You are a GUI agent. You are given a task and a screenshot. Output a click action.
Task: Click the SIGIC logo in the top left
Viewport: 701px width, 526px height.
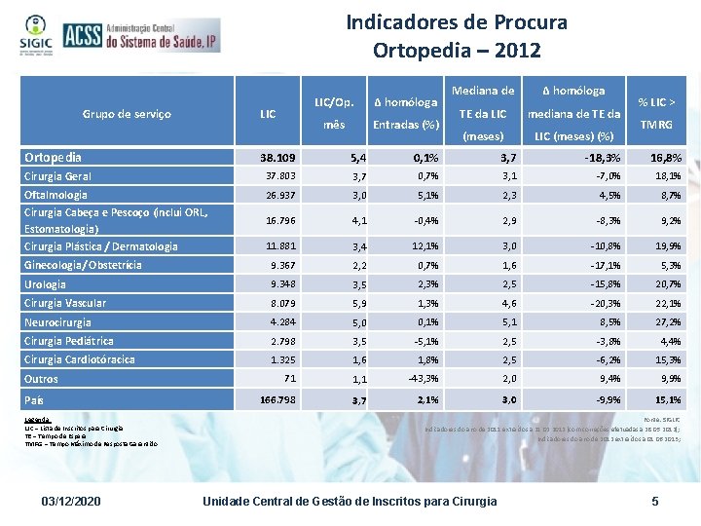click(30, 36)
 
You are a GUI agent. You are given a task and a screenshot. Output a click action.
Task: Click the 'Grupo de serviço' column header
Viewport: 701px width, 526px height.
click(127, 114)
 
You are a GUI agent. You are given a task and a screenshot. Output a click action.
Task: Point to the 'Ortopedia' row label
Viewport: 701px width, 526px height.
click(53, 157)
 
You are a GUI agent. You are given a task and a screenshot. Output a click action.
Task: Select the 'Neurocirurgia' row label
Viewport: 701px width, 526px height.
click(57, 321)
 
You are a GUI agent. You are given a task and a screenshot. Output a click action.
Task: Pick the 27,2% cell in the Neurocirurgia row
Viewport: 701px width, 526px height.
click(668, 321)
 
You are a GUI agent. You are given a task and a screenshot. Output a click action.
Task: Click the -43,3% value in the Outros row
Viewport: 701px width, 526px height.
click(423, 378)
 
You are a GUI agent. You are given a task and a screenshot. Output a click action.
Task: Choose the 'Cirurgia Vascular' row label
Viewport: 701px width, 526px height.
click(65, 303)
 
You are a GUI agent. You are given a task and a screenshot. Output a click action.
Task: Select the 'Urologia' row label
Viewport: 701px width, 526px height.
click(45, 284)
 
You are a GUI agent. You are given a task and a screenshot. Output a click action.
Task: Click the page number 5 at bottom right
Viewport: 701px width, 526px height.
click(655, 501)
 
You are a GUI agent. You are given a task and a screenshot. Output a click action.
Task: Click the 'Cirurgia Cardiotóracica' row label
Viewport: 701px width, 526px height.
click(79, 359)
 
